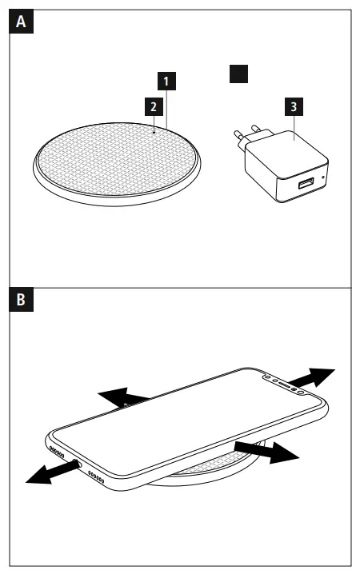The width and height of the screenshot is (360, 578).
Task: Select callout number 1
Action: point(165,81)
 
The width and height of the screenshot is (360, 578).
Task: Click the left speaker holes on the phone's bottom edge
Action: point(57,451)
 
